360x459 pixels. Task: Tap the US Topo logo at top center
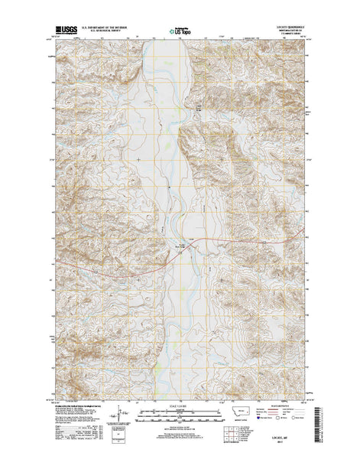(x=180, y=33)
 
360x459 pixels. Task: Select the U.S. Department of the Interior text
(x=105, y=28)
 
